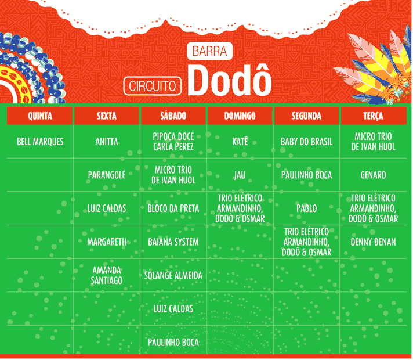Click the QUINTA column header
[x=40, y=116]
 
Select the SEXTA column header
[x=106, y=116]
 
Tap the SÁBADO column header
[x=173, y=116]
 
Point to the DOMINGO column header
[x=240, y=116]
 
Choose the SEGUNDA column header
[x=306, y=116]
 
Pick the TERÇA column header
[x=373, y=116]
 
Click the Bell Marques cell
[x=40, y=142]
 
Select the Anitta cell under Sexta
[x=106, y=142]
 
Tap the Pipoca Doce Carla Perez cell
[x=173, y=142]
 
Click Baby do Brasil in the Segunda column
[x=307, y=142]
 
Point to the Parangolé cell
[x=106, y=175]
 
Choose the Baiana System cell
[x=173, y=242]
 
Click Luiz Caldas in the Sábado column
[x=173, y=309]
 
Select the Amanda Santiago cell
[x=106, y=275]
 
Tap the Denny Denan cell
[x=373, y=242]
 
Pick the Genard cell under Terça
[x=373, y=175]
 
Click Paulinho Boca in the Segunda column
[x=307, y=175]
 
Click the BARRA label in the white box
[x=209, y=51]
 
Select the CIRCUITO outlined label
[x=153, y=86]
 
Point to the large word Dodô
[x=230, y=80]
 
